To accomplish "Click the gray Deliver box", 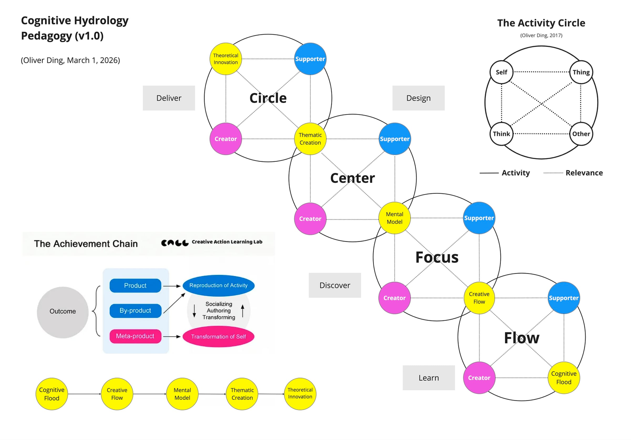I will (169, 98).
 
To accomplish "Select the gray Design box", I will (418, 98).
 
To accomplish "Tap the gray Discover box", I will (335, 285).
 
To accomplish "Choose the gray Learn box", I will (429, 378).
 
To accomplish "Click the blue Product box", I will (135, 285).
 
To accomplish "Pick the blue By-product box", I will (135, 311).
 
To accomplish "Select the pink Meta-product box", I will (135, 336).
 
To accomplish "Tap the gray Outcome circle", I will (63, 312).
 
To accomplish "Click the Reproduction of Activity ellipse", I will (218, 285).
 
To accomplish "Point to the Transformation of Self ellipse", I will (218, 337).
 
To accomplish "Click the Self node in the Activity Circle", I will (501, 72).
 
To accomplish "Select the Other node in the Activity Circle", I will (581, 134).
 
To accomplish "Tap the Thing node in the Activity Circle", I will (581, 72).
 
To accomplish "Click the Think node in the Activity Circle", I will (501, 134).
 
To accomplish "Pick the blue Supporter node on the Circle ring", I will (310, 59).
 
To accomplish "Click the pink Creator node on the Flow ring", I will (479, 378).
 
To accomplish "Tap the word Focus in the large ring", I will (437, 257).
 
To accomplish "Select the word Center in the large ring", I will (353, 178).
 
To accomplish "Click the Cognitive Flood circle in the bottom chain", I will (52, 394).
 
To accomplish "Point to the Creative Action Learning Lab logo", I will (212, 242).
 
